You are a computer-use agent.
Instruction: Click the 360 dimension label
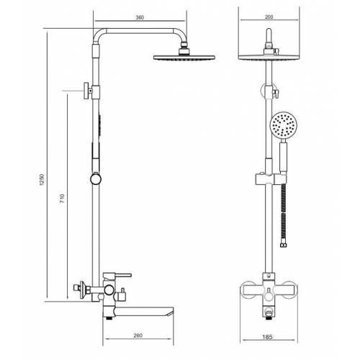click(140, 17)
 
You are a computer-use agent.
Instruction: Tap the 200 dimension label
click(269, 17)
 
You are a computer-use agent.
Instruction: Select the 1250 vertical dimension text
click(42, 179)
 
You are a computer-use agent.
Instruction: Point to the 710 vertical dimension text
click(62, 199)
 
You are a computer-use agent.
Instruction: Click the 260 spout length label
click(138, 336)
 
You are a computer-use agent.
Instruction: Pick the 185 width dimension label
click(267, 337)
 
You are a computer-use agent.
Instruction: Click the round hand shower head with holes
click(284, 125)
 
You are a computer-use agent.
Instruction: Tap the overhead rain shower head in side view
click(184, 57)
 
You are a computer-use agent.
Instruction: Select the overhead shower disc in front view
click(269, 57)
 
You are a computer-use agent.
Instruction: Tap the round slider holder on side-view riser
click(96, 179)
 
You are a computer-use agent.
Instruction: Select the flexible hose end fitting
click(283, 245)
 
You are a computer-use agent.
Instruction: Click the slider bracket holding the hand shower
click(271, 179)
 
